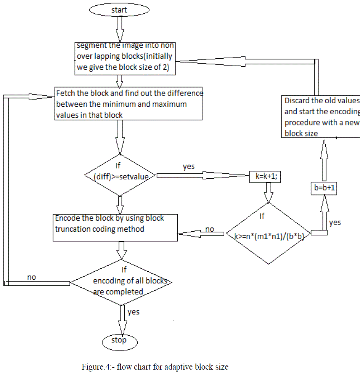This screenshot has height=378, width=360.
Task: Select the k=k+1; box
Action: pos(265,176)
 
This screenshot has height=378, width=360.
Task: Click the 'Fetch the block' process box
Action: pos(129,104)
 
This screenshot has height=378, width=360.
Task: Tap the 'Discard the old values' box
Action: pos(320,117)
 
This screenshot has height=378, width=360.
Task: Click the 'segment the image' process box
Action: pos(125,58)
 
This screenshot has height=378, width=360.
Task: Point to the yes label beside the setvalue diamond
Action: pos(189,167)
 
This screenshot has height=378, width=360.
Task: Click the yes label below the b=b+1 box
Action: pos(335,222)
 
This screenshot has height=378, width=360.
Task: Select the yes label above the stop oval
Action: pos(133,312)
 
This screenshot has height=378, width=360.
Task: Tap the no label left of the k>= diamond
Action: pos(210,229)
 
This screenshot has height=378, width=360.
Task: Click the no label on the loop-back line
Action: pos(32,277)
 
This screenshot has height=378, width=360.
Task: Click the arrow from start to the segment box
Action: pos(120,29)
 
